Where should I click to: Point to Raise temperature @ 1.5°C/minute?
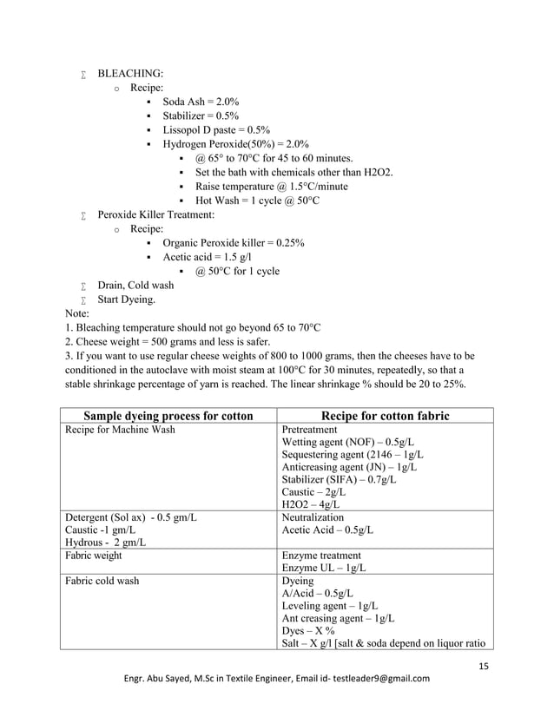click(271, 186)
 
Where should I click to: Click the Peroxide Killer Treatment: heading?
click(155, 214)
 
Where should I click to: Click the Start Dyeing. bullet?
click(127, 299)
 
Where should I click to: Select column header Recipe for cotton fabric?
click(385, 416)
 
